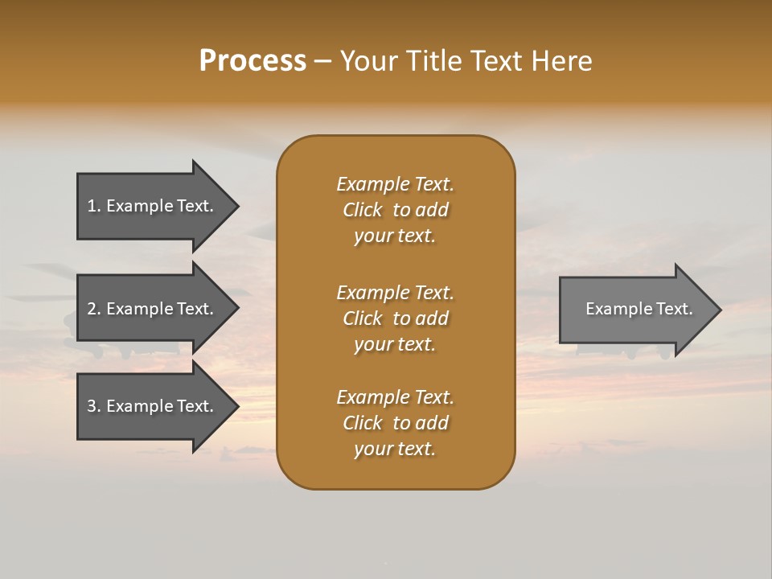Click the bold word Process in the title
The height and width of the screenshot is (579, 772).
pyautogui.click(x=253, y=61)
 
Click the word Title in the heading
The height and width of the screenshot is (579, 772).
pyautogui.click(x=433, y=61)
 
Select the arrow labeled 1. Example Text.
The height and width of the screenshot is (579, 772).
pyautogui.click(x=153, y=206)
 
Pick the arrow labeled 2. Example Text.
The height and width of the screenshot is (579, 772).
pyautogui.click(x=153, y=309)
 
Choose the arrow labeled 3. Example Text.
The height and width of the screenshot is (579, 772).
pyautogui.click(x=153, y=406)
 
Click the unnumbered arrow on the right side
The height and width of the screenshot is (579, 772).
pyautogui.click(x=635, y=310)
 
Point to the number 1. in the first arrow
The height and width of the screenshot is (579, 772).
pyautogui.click(x=94, y=206)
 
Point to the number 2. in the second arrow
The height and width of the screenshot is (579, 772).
pyautogui.click(x=94, y=309)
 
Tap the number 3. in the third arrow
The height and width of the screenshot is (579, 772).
pyautogui.click(x=94, y=406)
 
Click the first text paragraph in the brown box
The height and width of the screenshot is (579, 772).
pyautogui.click(x=395, y=210)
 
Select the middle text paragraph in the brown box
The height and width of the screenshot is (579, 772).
pyautogui.click(x=395, y=318)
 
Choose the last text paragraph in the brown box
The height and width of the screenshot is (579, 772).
pyautogui.click(x=395, y=423)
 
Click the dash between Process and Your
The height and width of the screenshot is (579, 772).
pyautogui.click(x=322, y=61)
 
